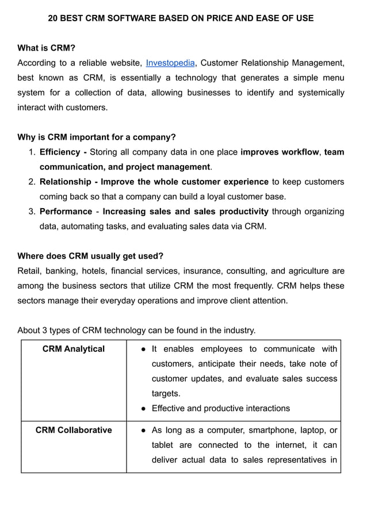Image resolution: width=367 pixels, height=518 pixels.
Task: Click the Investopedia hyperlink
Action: pos(170,63)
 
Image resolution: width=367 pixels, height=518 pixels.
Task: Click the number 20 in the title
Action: pos(53,18)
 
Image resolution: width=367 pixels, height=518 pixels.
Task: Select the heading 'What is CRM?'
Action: pos(47,48)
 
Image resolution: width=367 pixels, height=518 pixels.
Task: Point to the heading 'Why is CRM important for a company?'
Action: pos(97,137)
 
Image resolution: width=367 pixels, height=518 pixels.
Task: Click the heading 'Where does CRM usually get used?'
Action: pos(90,256)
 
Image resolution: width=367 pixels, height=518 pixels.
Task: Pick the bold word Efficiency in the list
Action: pos(60,152)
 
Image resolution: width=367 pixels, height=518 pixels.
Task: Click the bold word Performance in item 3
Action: pos(66,212)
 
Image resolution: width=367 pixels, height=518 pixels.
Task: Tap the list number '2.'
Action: pos(32,182)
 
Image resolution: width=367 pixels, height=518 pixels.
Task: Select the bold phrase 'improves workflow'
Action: pos(280,152)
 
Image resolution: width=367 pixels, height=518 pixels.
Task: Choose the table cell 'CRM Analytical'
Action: pos(74,349)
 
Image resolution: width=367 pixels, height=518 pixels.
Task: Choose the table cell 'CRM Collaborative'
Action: pos(74,430)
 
